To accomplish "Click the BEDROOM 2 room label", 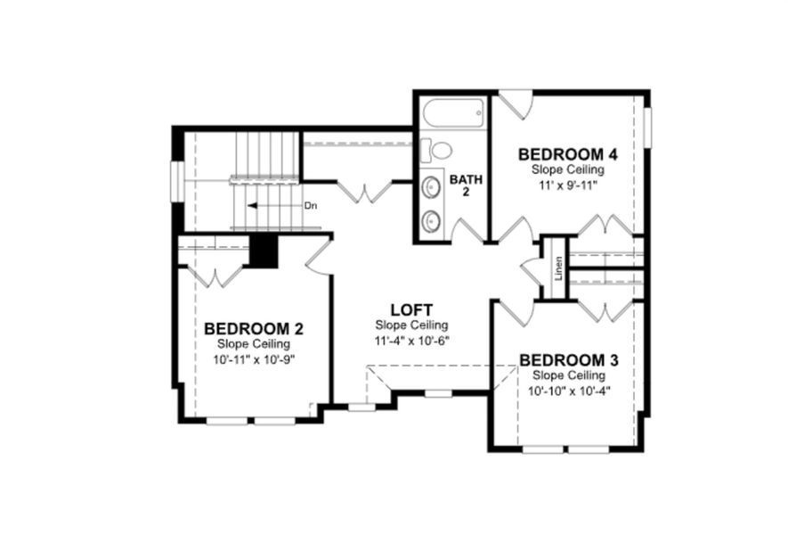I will pos(247,327).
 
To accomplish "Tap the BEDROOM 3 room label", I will pos(569,360).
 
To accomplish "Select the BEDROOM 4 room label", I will pos(568,154).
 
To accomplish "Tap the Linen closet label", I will pos(558,267).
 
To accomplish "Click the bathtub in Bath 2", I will pos(453,115).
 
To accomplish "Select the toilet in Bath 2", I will pos(437,149).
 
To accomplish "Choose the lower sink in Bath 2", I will pos(432,218).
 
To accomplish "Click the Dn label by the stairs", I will pos(311,206).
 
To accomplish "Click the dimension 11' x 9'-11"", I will pos(568,185).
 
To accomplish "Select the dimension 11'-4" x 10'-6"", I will pos(410,341).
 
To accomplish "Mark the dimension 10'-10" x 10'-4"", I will pos(569,391).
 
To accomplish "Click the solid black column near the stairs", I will pos(263,251).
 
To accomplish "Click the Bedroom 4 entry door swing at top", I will pos(515,103).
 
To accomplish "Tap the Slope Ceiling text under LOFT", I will pos(410,325).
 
